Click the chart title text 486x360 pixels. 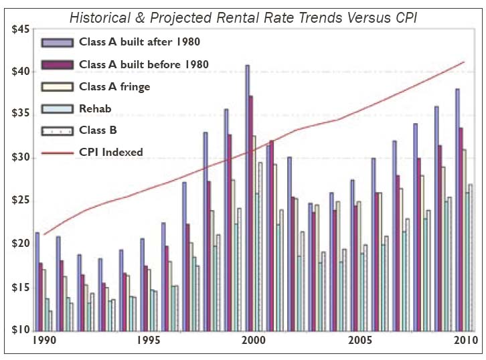click(x=243, y=16)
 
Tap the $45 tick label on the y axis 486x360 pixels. click(x=18, y=29)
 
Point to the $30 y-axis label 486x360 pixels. click(x=18, y=158)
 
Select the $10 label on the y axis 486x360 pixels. click(x=18, y=330)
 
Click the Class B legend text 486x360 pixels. click(x=100, y=130)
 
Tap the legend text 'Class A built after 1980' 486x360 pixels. click(x=139, y=42)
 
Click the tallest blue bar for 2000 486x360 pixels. click(x=247, y=201)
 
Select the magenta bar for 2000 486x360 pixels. click(x=251, y=214)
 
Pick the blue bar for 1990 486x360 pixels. click(x=37, y=281)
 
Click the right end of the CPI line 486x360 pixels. click(x=465, y=62)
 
